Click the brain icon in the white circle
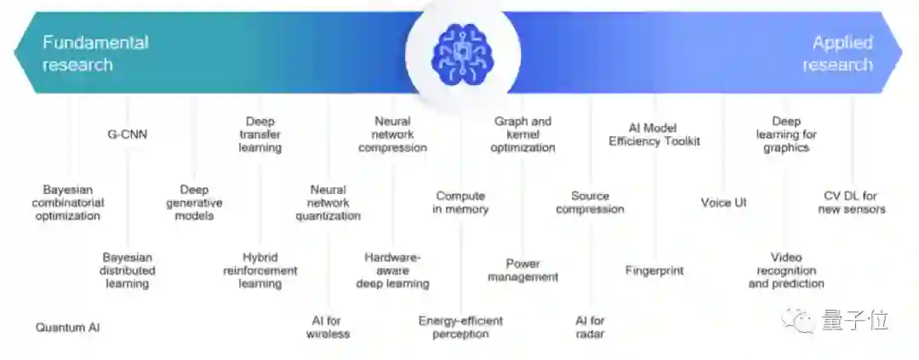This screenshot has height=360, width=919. click(x=459, y=54)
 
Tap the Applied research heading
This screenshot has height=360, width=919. click(x=837, y=53)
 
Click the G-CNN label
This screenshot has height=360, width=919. click(x=127, y=134)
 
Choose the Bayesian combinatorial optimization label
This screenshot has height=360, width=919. click(x=68, y=203)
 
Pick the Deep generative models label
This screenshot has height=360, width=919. click(x=195, y=203)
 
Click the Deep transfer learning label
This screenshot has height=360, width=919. click(x=260, y=134)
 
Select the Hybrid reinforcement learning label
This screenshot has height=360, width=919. click(x=260, y=271)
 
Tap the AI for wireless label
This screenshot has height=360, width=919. click(x=328, y=327)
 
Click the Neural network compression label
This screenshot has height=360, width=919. click(x=392, y=134)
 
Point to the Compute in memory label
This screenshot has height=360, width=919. click(x=460, y=203)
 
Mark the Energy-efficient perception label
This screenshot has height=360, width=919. click(x=460, y=327)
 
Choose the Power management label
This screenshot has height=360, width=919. click(x=522, y=270)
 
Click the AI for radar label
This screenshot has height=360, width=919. click(x=590, y=327)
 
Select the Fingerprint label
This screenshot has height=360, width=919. click(x=654, y=271)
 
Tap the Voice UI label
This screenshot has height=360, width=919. click(x=723, y=203)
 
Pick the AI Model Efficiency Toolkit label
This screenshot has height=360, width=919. click(x=654, y=134)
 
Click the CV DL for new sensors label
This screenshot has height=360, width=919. click(x=853, y=203)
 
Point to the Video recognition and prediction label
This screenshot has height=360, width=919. click(x=786, y=271)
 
